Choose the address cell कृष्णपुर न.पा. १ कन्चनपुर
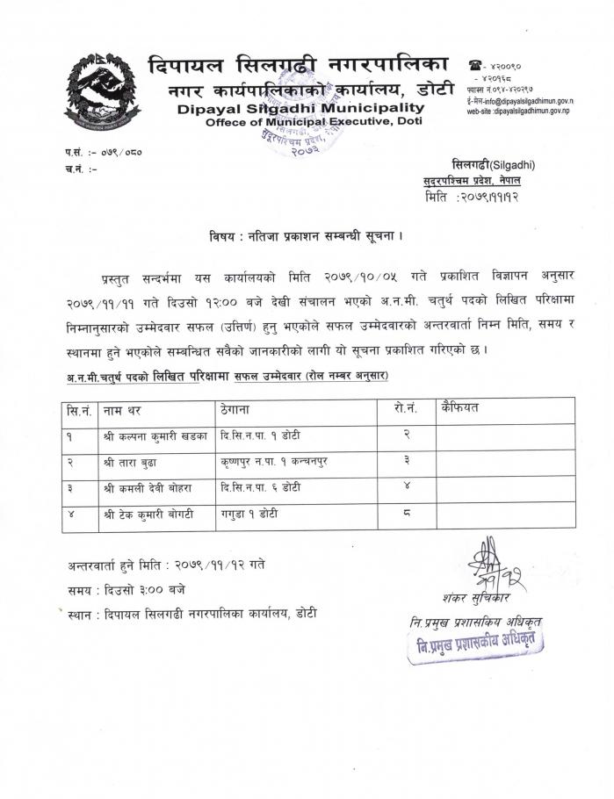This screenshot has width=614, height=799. (x=276, y=461)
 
